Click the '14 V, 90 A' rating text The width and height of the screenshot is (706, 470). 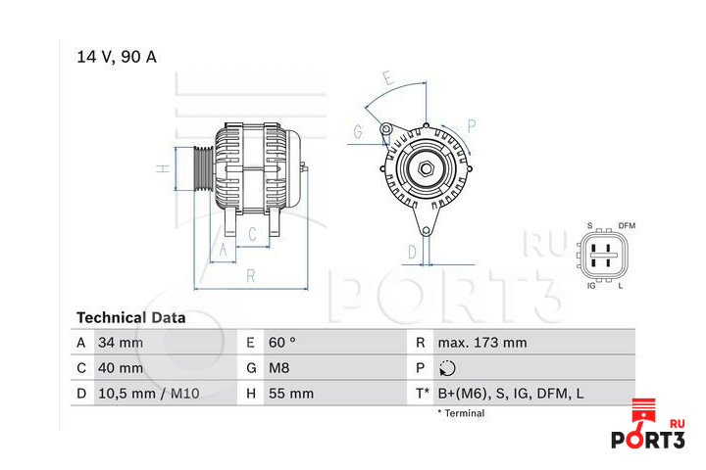coord(117,57)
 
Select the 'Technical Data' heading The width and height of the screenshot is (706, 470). coord(131,318)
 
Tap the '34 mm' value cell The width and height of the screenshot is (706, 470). coord(121,343)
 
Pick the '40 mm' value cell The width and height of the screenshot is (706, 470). coord(121,368)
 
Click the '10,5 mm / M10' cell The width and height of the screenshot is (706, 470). coord(149,394)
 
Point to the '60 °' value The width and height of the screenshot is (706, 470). coord(281,343)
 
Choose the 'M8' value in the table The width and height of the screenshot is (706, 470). coord(278,368)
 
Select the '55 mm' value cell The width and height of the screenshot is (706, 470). coord(291,394)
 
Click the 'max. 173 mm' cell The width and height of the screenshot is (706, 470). coord(482,343)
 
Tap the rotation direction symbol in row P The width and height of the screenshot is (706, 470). coord(447,368)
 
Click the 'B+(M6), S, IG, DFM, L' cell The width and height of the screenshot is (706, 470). coord(511,394)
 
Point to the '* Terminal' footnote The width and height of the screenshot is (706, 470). coord(461,413)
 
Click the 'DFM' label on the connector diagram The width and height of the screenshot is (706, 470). coord(627,226)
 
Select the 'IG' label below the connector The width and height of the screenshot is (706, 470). coord(591,286)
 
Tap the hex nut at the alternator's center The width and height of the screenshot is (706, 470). coord(426,169)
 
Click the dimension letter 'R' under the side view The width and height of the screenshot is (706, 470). coord(251,276)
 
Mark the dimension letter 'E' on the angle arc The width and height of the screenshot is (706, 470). coord(388,78)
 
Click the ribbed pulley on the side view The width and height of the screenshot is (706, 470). coord(204,168)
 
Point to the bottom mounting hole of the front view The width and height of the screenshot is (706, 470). coord(426,231)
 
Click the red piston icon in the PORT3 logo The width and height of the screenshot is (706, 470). coord(643,409)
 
